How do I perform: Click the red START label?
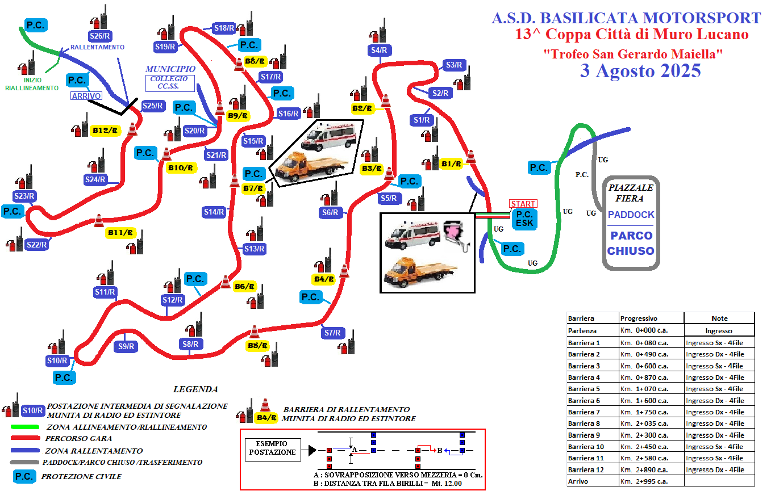point(523,204)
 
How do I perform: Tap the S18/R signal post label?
point(224,28)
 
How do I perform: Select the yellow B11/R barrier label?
point(120,233)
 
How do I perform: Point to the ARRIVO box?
point(86,96)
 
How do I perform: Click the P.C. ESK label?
point(524,219)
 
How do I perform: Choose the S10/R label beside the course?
point(57,360)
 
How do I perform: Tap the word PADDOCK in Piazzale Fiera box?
point(631,215)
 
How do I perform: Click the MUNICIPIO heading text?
point(170,69)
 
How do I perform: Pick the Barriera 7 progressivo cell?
point(651,412)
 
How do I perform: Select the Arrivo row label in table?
point(578,481)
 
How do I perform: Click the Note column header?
point(719,318)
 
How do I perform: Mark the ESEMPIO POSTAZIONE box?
point(273,448)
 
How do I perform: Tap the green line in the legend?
point(25,427)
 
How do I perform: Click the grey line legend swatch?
point(24,462)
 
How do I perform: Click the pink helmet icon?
point(455,234)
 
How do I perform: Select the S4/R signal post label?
point(379,50)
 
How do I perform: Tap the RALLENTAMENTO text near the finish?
point(97,47)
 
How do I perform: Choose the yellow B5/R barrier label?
point(258,346)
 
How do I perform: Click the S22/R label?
point(36,245)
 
